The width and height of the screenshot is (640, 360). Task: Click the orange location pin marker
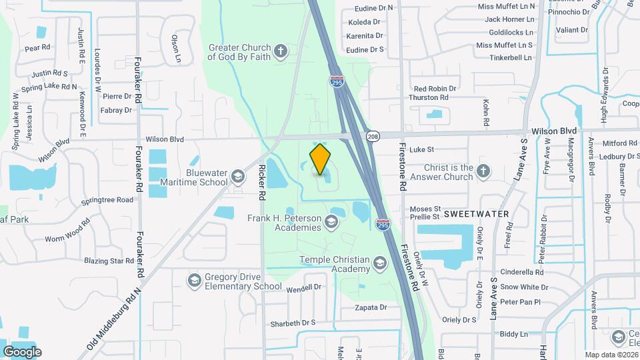pos(321,159)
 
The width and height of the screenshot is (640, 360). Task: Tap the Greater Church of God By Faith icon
pos(281,51)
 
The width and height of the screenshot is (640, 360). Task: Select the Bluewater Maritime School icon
pos(237,177)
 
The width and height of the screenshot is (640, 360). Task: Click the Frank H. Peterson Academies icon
pos(331,222)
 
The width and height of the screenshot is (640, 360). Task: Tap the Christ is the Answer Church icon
pos(484,172)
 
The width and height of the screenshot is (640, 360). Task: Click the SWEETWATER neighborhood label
pos(476,214)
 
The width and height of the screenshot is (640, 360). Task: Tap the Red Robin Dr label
pos(435,88)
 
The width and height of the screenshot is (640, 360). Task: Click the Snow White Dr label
pos(524,287)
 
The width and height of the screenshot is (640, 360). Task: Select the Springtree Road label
pos(107,199)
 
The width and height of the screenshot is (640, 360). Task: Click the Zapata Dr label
pos(371,307)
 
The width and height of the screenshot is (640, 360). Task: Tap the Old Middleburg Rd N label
pos(114,319)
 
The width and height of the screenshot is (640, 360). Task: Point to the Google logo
pos(23,351)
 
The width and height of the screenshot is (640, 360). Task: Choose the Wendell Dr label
pos(303,289)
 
